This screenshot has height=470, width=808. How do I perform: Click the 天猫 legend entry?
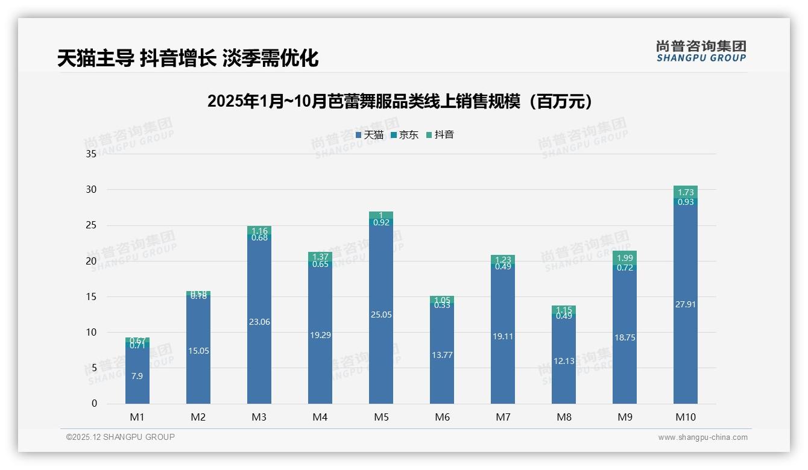[370, 135]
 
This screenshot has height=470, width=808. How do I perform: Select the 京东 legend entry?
[405, 135]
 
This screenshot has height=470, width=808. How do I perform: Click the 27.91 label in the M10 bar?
[686, 304]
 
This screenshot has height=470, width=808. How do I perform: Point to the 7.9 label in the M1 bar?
[137, 375]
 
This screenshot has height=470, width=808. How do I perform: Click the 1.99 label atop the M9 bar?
[625, 258]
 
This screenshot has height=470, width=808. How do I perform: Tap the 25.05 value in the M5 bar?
[381, 315]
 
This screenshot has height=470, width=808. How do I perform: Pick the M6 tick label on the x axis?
[442, 417]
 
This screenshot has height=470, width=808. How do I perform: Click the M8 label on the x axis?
[564, 417]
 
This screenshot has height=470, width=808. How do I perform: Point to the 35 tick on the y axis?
[91, 154]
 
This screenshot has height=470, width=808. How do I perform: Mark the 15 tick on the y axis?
[91, 296]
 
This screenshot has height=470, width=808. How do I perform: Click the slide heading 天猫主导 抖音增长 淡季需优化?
[188, 58]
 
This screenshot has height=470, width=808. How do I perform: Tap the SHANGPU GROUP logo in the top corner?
[701, 51]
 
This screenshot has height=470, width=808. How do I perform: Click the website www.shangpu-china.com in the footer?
[702, 437]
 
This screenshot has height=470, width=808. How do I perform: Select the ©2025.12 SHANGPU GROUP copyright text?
[121, 437]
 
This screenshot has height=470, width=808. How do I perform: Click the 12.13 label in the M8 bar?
[564, 361]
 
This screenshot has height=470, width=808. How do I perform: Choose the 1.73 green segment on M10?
[686, 192]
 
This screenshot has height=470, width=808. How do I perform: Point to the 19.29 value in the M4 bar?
[320, 334]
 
